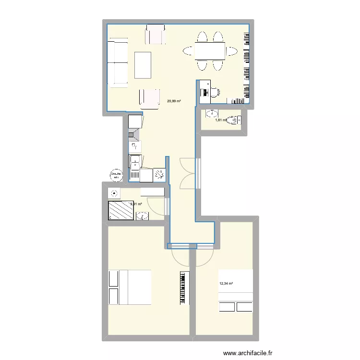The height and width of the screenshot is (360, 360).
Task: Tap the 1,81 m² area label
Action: pos(221,120)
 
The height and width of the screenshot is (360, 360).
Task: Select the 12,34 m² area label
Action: pos(226,284)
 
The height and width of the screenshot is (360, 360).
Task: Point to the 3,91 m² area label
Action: pos(136,204)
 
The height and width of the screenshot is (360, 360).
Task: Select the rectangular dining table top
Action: pos(210,50)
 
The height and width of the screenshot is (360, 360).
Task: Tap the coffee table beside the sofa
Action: pos(143,65)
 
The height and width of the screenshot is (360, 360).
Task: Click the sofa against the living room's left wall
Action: pos(117,64)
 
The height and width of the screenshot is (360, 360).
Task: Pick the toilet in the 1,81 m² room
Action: pos(234,120)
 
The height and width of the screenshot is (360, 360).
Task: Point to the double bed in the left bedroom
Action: pos(130,287)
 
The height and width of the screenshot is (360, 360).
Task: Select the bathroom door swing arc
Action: pos(156,206)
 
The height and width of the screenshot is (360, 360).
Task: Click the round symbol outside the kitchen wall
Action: pos(116,175)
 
